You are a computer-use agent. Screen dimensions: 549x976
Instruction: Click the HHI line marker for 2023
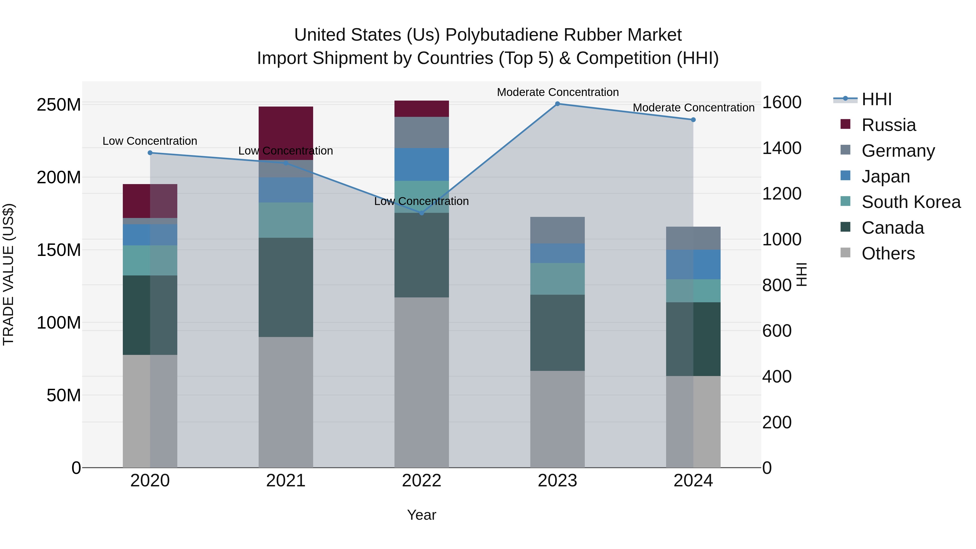coord(557,104)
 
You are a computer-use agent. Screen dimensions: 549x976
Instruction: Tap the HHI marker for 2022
coord(422,213)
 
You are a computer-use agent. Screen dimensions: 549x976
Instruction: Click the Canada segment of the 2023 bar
coord(557,333)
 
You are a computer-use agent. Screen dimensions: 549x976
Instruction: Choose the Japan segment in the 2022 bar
coord(422,165)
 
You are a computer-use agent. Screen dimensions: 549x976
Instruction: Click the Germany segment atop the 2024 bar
coord(693,238)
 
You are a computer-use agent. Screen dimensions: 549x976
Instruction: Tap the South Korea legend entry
coord(911,202)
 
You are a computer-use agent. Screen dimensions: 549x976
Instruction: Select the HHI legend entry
coord(876,99)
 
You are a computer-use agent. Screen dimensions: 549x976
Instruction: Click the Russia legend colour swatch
coord(845,124)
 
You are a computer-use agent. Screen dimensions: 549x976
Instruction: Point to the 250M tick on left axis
coord(59,105)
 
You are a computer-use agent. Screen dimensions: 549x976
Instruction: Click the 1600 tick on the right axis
coord(782,102)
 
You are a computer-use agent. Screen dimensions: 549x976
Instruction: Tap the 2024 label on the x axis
coord(693,481)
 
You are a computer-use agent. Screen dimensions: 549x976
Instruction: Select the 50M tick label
coord(64,395)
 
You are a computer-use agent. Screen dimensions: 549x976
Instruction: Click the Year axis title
coord(421,515)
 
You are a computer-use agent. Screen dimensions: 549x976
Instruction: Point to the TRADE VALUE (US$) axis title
coord(8,274)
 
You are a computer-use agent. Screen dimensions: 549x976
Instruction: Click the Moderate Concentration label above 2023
coord(558,92)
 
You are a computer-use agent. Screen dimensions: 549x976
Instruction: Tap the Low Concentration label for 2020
coord(150,141)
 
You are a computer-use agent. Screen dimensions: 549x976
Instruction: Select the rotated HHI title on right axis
coord(801,274)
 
